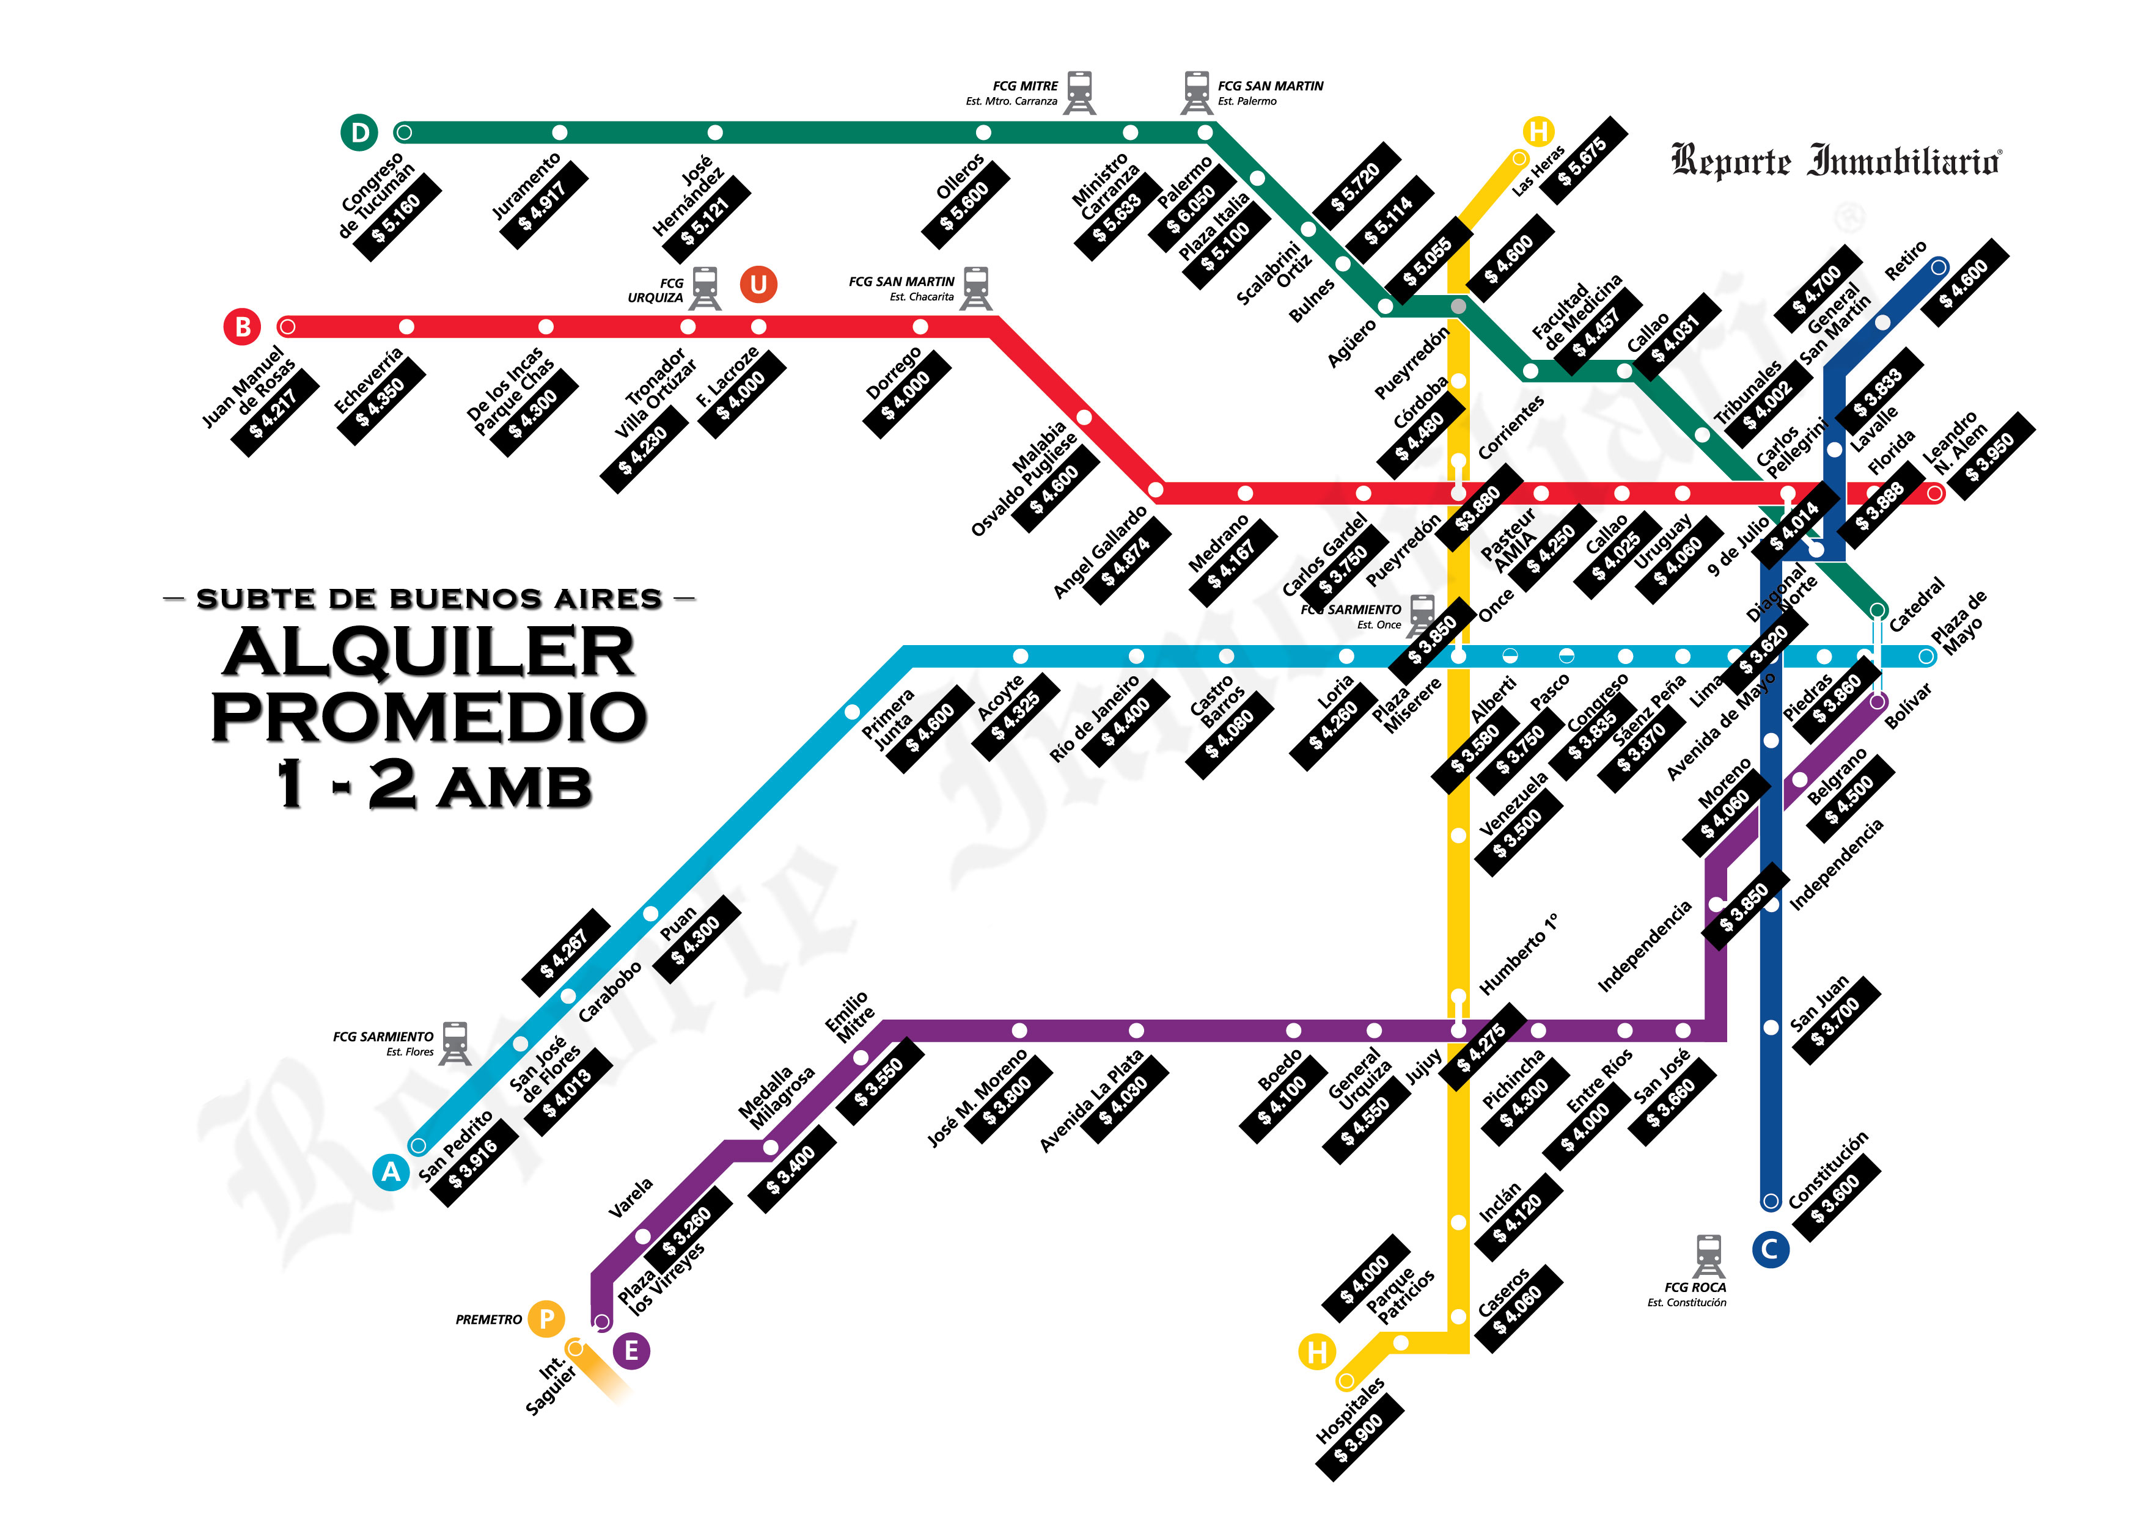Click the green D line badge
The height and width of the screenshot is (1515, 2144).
359,133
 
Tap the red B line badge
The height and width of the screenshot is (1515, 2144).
243,327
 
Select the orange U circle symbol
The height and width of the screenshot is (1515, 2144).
758,284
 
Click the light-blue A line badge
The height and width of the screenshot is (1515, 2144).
391,1172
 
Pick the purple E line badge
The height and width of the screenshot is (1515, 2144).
631,1351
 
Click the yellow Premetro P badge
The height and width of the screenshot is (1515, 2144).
546,1319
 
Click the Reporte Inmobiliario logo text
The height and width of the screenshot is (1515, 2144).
1835,161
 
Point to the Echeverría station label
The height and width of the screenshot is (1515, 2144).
368,380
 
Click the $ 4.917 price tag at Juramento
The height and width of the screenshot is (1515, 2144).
543,205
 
